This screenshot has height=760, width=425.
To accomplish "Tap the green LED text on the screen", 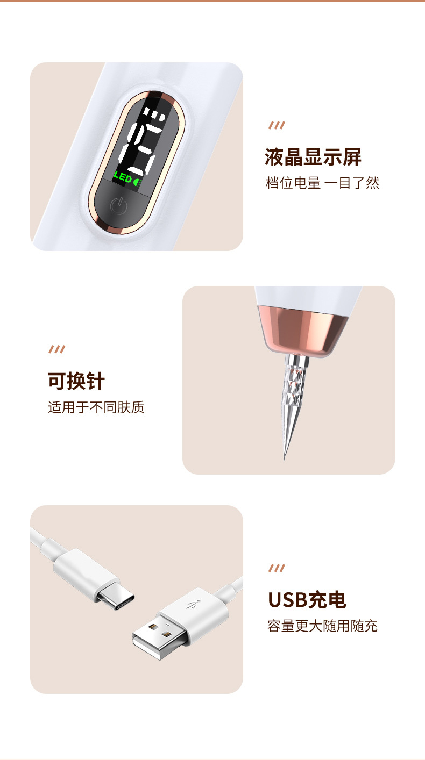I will tap(123, 178).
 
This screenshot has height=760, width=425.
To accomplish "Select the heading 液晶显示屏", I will tap(313, 157).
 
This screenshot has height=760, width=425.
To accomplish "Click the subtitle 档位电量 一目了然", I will tap(322, 183).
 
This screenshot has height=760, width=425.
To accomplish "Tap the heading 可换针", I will tap(76, 381).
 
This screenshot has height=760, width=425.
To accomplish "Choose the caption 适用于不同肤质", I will tap(96, 407).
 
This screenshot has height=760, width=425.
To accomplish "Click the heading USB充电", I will tap(307, 600).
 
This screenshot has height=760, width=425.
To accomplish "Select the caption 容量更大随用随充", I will tap(322, 626).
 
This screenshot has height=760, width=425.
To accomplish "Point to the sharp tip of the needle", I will tap(285, 457).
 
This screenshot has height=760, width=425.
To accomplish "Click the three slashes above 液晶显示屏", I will tap(277, 126).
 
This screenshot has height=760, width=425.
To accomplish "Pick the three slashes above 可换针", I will tap(57, 349).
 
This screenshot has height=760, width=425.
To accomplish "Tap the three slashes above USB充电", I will tap(277, 569).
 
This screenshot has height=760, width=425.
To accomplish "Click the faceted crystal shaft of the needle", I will tap(288, 392).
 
